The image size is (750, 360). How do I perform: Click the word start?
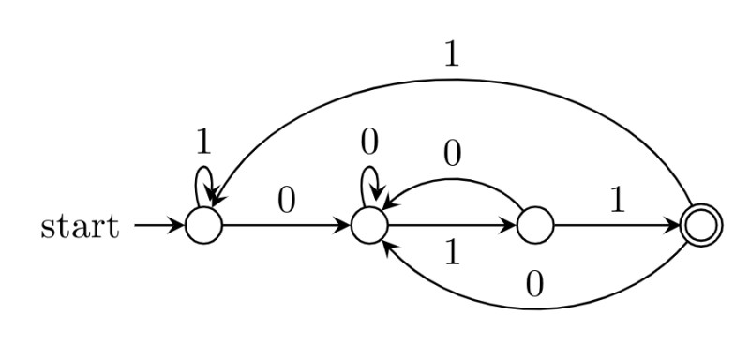tap(80, 227)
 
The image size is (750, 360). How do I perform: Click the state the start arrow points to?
tap(203, 226)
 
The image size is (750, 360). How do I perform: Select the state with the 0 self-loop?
tap(369, 226)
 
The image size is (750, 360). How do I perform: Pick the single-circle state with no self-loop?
tap(534, 226)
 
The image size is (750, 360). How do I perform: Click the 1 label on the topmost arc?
tap(451, 55)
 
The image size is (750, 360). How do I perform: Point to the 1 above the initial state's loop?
tap(203, 141)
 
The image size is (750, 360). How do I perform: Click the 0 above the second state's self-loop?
tap(369, 141)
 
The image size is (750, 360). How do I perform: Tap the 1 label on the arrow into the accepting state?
tap(616, 201)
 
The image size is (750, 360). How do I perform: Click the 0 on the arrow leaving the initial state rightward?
tap(287, 201)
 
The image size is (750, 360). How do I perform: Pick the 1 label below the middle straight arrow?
tap(451, 253)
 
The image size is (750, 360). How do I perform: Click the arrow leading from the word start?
tap(159, 226)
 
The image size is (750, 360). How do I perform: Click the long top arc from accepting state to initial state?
tap(451, 82)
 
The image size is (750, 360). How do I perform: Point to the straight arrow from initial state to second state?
tap(287, 226)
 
